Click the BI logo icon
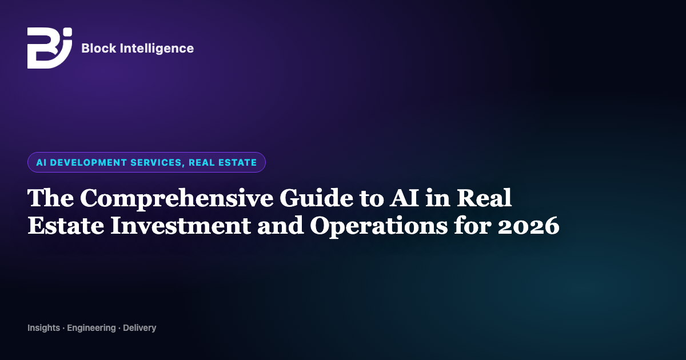point(50,48)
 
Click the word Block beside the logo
point(98,49)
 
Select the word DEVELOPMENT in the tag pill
point(88,162)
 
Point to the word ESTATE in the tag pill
point(238,162)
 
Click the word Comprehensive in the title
point(177,198)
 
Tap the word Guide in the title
point(316,198)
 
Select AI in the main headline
point(404,198)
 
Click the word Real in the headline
point(484,198)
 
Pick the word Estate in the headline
point(66,226)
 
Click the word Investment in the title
point(181,226)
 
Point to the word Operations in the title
point(379,226)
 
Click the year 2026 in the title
point(529,226)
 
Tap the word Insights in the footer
point(44,328)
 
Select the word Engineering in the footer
point(91,328)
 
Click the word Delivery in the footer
point(139,328)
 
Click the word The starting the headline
point(50,198)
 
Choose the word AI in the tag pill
point(41,162)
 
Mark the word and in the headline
point(281,226)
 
